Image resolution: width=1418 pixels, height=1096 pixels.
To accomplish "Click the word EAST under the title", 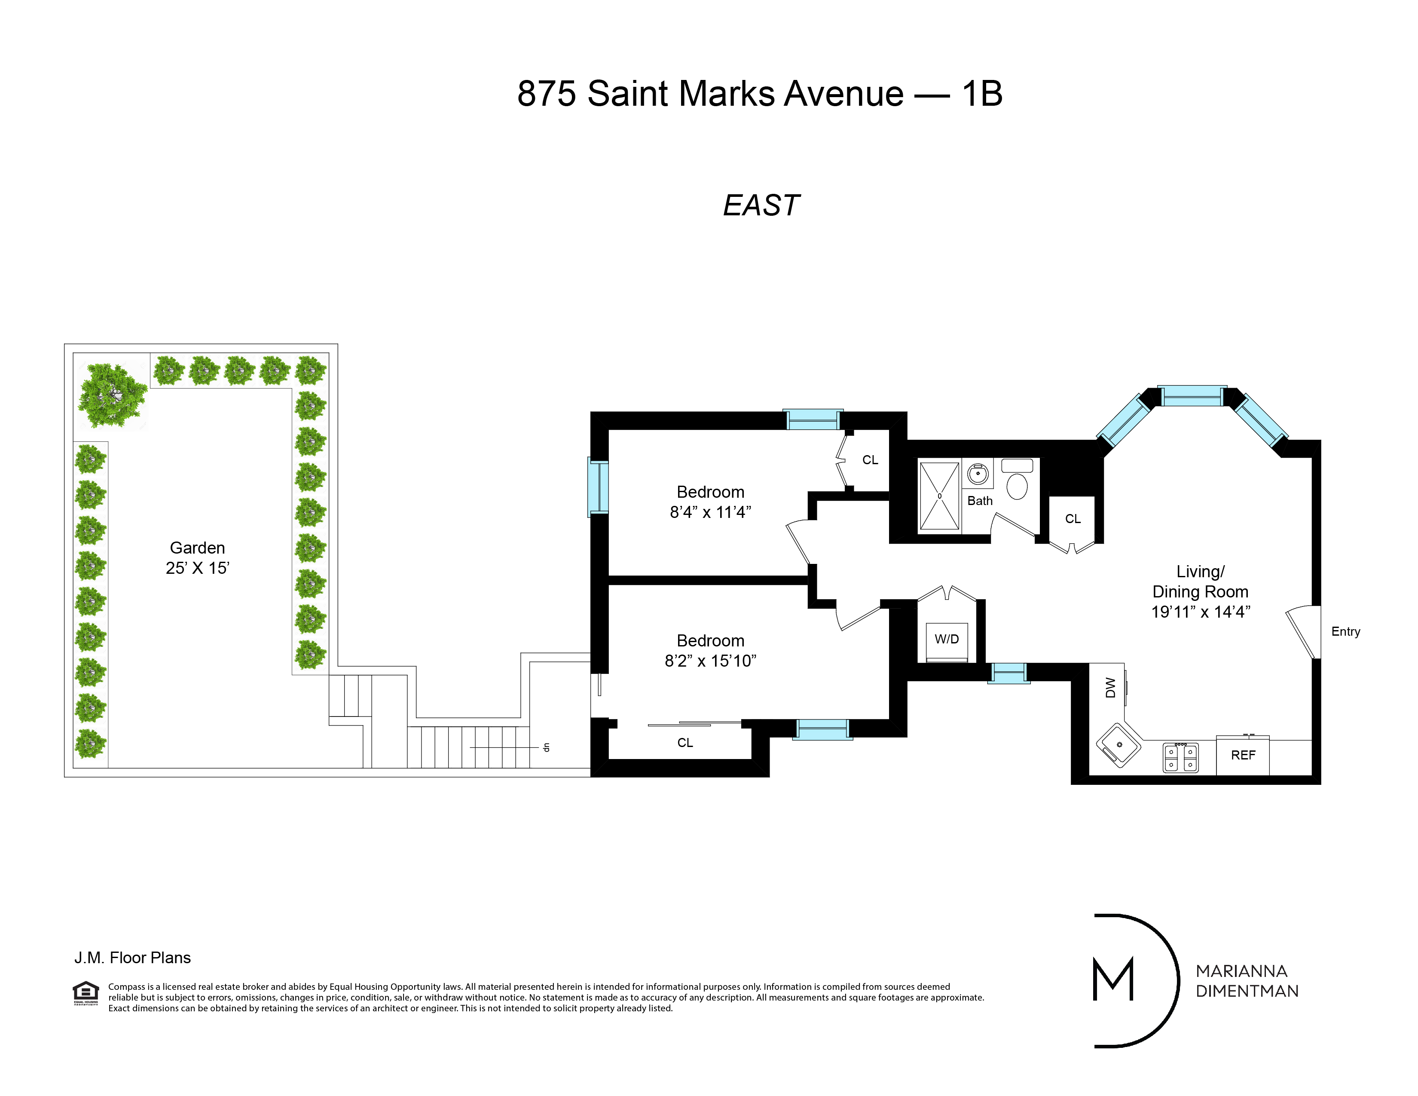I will pyautogui.click(x=761, y=206).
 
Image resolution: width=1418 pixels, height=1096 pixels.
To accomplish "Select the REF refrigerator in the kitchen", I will pyautogui.click(x=1243, y=756).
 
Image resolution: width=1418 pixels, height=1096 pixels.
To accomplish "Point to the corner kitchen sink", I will pyautogui.click(x=1119, y=745).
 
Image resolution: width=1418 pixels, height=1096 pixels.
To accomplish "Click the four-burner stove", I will pyautogui.click(x=1180, y=758).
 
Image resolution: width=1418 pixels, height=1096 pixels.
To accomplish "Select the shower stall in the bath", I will pyautogui.click(x=939, y=496).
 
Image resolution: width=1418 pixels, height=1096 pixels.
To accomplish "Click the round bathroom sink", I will pyautogui.click(x=978, y=474).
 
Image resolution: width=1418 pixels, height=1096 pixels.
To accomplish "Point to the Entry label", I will pyautogui.click(x=1345, y=632).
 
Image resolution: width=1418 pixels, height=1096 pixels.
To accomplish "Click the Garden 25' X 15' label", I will pyautogui.click(x=197, y=558).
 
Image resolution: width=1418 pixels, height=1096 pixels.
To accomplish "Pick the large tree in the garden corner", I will pyautogui.click(x=112, y=395).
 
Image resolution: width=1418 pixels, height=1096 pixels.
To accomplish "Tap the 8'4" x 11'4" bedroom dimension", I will pyautogui.click(x=710, y=512).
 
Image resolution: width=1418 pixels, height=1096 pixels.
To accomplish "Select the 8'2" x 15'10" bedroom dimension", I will pyautogui.click(x=710, y=661).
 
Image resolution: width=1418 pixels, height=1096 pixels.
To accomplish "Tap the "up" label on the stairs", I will pyautogui.click(x=546, y=747).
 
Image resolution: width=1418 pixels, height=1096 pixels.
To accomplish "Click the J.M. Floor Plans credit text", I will pyautogui.click(x=132, y=958).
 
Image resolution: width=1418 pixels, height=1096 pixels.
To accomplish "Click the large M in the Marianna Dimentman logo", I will pyautogui.click(x=1113, y=979).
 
